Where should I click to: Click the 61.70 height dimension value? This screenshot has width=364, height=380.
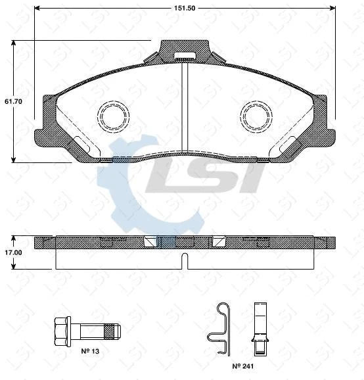(x=14, y=102)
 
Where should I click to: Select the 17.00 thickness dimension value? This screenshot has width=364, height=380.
(x=14, y=252)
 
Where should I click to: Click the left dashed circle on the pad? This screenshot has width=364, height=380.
(x=113, y=116)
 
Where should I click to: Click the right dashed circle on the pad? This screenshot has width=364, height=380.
(x=256, y=116)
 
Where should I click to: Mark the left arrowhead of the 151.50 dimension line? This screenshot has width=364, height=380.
(x=36, y=9)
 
